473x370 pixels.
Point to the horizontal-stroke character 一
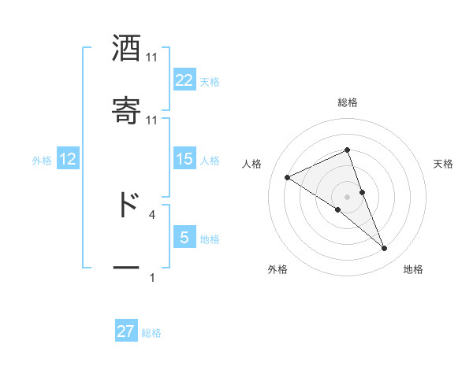126,268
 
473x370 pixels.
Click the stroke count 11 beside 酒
152,57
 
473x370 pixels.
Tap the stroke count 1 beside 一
152,277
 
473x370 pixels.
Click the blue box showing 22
184,80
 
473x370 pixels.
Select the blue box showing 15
184,159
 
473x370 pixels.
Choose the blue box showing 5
184,237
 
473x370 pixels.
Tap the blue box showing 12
68,159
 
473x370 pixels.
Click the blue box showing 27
126,331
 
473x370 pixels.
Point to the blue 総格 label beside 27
151,333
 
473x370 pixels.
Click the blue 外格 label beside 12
42,161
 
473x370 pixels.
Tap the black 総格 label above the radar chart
348,102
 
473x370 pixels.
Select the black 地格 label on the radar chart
413,270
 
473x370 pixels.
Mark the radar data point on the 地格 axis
385,249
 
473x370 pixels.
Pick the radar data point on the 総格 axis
348,150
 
